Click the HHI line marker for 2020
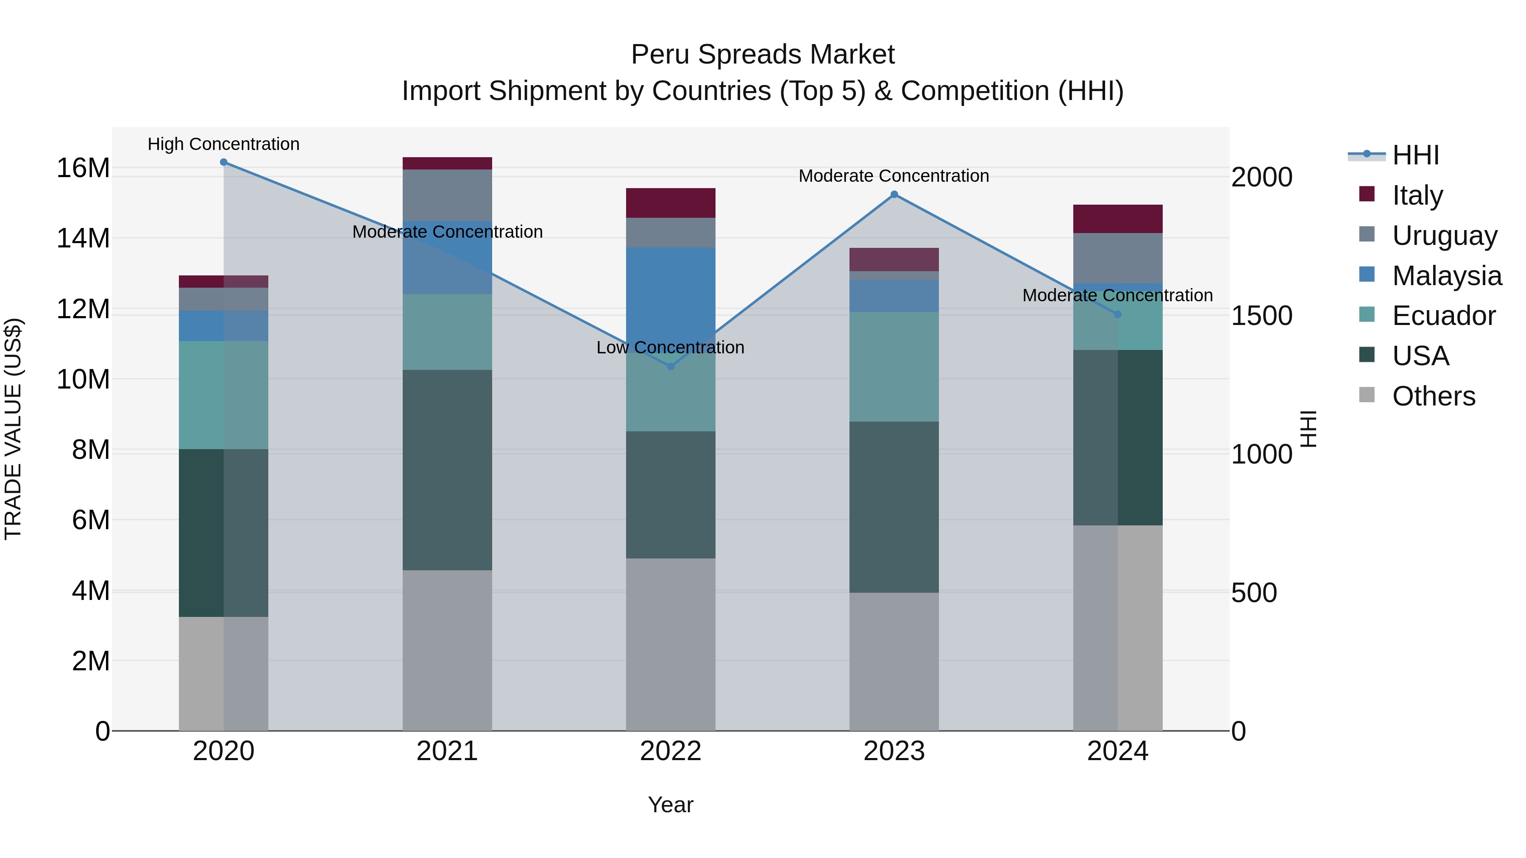223,162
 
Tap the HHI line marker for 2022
671,367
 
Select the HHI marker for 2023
894,194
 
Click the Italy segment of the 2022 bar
671,203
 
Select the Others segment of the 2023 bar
894,661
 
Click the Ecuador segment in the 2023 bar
894,367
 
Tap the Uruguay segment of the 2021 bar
447,195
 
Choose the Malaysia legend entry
1446,276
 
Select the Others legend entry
1433,396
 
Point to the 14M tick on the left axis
83,239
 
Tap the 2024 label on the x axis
1117,751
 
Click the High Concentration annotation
223,144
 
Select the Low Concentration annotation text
670,347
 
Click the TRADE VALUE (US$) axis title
14,429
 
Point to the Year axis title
670,805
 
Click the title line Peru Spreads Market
763,55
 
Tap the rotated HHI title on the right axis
1308,429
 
